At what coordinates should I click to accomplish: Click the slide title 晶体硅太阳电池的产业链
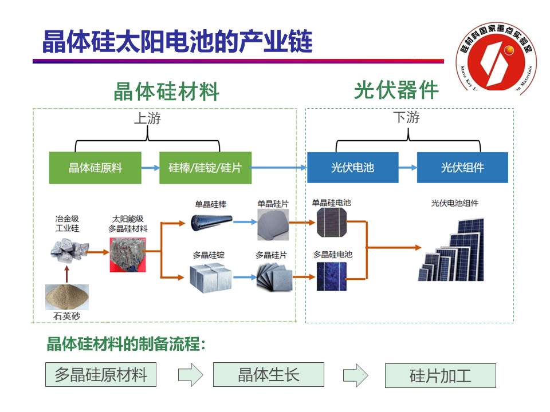(x=178, y=41)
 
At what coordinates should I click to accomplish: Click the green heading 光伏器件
(x=396, y=90)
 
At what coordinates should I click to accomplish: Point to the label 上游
(x=147, y=118)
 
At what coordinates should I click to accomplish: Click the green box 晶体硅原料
(x=95, y=168)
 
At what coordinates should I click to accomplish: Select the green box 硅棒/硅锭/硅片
(x=205, y=168)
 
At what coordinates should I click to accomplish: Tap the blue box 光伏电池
(x=352, y=168)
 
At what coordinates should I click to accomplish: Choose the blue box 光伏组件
(x=462, y=168)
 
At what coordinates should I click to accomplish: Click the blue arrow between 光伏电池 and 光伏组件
(x=407, y=168)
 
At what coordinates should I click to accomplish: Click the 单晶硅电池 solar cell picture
(x=332, y=222)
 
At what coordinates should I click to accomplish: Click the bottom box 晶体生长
(x=268, y=375)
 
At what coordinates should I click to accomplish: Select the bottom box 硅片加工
(x=440, y=376)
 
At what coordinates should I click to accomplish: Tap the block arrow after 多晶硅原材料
(x=190, y=375)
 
